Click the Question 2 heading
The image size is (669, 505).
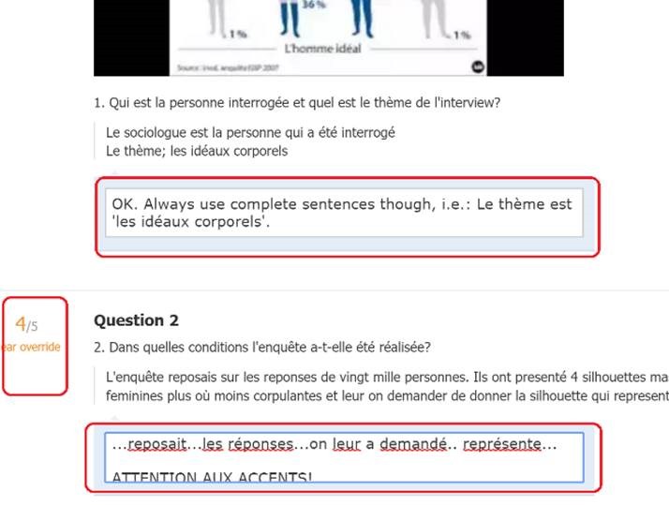137,320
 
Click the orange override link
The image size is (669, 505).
35,347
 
